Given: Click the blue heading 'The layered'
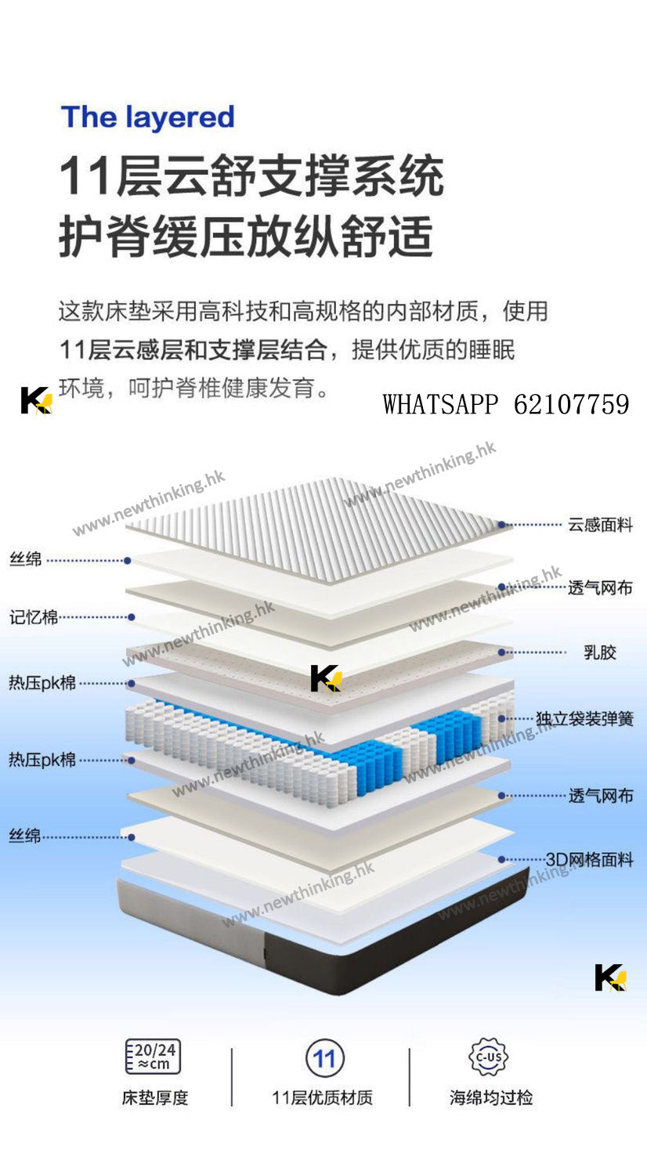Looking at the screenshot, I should click(x=148, y=117).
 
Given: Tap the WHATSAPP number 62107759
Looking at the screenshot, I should click(x=572, y=404).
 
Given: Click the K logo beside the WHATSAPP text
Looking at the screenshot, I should click(x=36, y=400).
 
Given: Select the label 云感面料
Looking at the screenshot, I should click(x=600, y=525).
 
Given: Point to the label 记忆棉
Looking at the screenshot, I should click(x=34, y=617).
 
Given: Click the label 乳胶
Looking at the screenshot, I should click(x=600, y=652).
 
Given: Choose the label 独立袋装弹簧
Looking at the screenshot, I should click(x=584, y=718).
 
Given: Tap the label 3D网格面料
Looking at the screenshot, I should click(x=589, y=859).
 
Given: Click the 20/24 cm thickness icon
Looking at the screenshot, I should click(x=154, y=1057).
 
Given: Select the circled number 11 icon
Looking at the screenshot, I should click(x=324, y=1059).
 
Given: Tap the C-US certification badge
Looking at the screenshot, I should click(x=489, y=1057).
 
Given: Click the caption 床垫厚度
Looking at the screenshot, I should click(x=155, y=1098).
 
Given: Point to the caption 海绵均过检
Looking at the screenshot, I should click(x=491, y=1098).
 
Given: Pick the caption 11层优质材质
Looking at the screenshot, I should click(x=322, y=1098).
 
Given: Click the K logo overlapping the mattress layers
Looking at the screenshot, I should click(x=325, y=678).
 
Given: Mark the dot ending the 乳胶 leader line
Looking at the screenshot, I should click(x=502, y=652).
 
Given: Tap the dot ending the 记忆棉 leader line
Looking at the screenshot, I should click(x=132, y=617).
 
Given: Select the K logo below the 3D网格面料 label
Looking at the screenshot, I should click(x=610, y=977).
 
